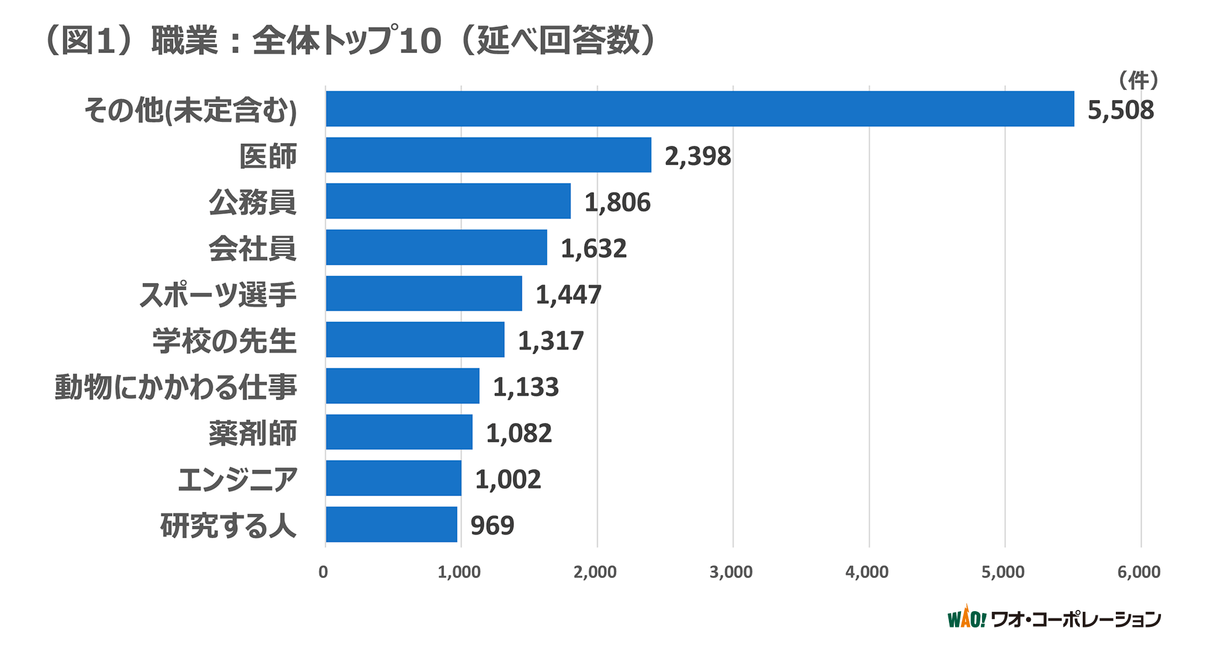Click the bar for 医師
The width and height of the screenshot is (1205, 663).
tap(488, 155)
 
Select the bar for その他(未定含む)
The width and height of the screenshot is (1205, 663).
tap(699, 109)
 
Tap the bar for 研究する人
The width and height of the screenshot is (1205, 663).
tap(392, 524)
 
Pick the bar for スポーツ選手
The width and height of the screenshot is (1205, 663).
tap(424, 294)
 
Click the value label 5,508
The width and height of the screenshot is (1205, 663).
tap(1120, 110)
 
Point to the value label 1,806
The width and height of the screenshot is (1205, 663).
tap(617, 203)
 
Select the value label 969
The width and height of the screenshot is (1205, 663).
tap(492, 526)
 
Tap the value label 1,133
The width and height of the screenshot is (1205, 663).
tap(525, 387)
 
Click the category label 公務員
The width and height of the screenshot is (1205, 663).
tap(252, 202)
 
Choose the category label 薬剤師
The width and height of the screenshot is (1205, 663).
tap(252, 433)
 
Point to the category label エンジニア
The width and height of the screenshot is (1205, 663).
tap(237, 479)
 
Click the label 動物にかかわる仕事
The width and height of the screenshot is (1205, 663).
tap(176, 387)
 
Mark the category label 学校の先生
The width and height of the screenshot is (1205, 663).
tap(224, 341)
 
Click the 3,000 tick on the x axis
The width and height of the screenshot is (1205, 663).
tap(730, 572)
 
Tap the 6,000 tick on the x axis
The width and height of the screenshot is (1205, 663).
tap(1138, 572)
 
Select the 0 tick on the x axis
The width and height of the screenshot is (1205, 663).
tap(324, 572)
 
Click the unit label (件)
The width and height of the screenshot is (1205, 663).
tap(1138, 80)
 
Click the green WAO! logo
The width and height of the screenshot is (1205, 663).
tap(966, 618)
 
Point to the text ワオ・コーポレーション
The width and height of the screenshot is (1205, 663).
tap(1075, 619)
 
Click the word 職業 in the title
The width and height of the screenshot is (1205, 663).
tap(184, 41)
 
